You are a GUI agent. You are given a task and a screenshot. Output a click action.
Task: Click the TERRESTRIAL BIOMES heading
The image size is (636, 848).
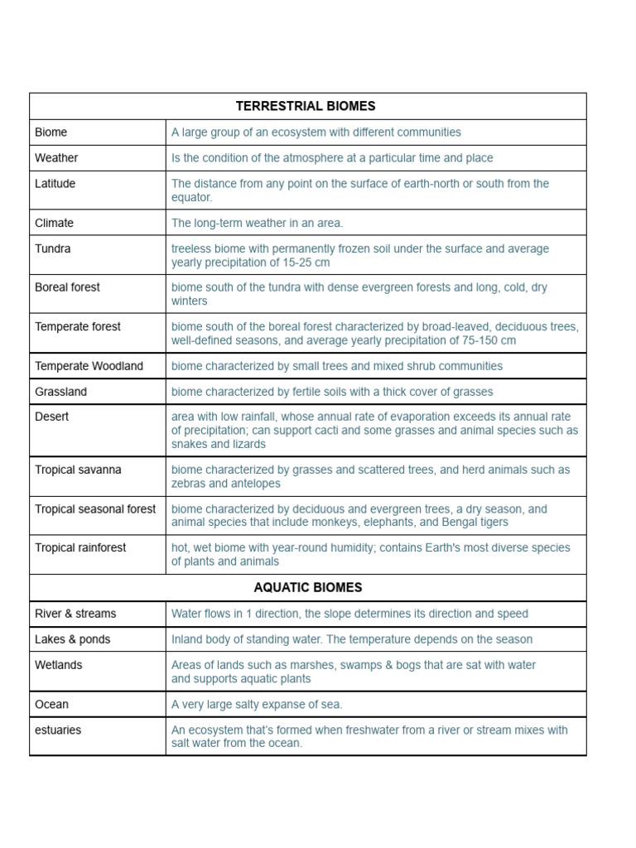pos(306,106)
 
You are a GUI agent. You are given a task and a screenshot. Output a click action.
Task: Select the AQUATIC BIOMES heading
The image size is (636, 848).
pos(307,588)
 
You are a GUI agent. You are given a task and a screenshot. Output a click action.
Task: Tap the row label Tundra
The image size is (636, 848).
pos(53,248)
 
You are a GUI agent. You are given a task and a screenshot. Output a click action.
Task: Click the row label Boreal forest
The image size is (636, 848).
pos(67,287)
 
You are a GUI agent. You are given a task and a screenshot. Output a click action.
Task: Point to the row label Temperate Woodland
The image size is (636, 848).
pos(89,366)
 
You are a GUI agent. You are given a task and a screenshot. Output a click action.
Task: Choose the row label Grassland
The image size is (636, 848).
pos(60,392)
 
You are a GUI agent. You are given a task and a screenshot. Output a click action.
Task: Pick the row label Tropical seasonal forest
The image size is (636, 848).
pos(95,509)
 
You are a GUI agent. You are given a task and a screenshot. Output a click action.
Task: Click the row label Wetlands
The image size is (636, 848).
pos(59,665)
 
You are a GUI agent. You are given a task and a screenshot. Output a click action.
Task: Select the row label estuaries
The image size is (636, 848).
pos(58,730)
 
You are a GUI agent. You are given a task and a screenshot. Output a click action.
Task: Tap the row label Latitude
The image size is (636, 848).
pos(55,184)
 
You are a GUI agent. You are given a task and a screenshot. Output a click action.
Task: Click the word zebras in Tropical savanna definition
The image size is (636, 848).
pos(190,484)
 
